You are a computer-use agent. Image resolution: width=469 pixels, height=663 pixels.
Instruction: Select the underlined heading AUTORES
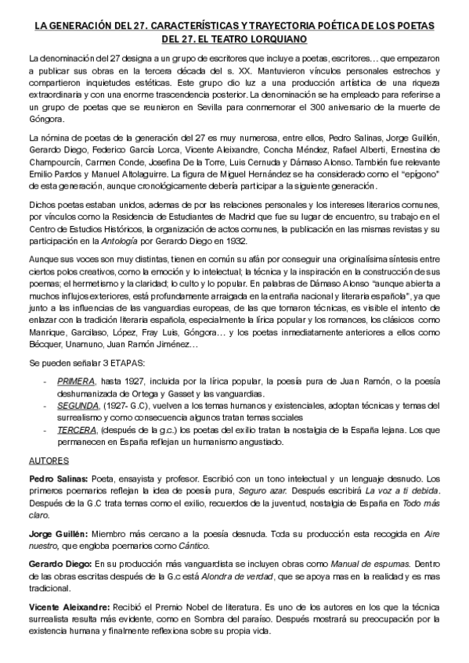[48, 460]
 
